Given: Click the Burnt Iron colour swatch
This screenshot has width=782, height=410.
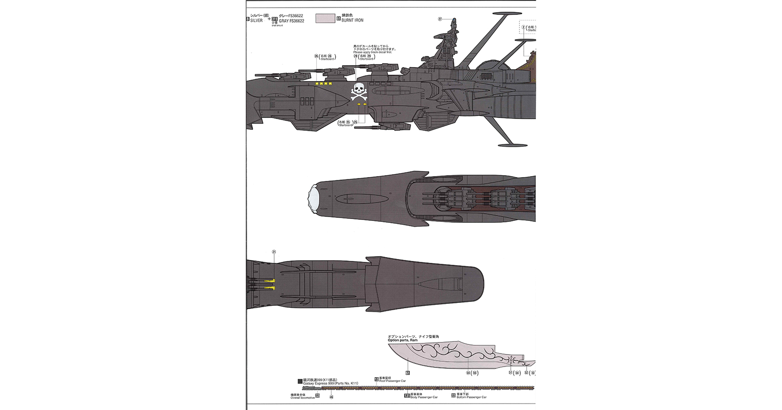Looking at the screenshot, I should tap(325, 18).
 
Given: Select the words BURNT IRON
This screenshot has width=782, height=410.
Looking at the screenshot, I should tap(352, 20).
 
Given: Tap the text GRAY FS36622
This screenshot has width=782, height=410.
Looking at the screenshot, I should tap(292, 21).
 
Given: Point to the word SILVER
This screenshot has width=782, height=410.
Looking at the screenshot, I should tap(256, 21).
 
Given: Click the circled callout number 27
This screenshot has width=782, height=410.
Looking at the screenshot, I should tap(440, 19).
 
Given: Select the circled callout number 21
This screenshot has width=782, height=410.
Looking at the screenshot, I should tap(274, 252).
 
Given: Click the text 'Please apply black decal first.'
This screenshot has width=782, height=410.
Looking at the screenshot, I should tap(372, 52).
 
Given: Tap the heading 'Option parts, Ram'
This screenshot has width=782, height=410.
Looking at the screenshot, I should tap(403, 341).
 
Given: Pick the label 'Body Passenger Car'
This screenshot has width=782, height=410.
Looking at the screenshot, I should tap(424, 397).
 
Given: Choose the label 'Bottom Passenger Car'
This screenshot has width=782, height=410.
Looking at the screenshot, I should tap(472, 397).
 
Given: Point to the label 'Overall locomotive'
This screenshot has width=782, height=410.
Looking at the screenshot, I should tap(302, 397).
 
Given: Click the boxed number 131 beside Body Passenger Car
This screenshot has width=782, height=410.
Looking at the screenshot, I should tap(407, 396).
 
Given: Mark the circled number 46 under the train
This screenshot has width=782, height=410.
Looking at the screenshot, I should tap(331, 397).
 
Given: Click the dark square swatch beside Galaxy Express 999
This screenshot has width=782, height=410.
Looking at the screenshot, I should tap(300, 381).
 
